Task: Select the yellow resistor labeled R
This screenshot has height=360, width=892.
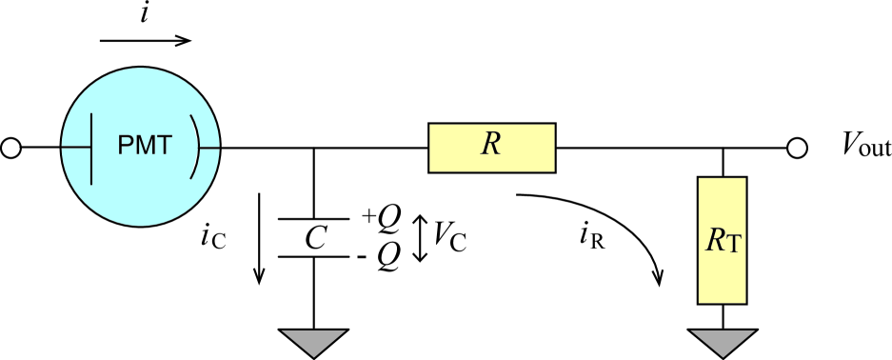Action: click(x=491, y=148)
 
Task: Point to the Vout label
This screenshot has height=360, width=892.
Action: click(x=865, y=147)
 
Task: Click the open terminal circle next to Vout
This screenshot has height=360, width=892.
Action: click(x=798, y=148)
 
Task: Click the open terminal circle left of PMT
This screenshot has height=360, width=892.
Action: click(x=11, y=148)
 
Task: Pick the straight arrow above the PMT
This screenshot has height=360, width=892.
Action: click(x=146, y=41)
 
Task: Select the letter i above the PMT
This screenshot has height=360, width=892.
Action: click(x=145, y=14)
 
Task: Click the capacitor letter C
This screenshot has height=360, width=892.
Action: click(x=315, y=238)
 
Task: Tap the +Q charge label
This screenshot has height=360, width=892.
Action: click(x=381, y=217)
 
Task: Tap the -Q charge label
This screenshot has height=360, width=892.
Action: click(x=383, y=255)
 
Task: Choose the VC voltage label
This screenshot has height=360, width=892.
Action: click(x=449, y=237)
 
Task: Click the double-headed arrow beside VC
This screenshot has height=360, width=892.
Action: click(x=420, y=237)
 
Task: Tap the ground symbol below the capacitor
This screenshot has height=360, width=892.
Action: click(x=315, y=340)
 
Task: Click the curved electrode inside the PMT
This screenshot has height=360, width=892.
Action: click(x=198, y=148)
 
